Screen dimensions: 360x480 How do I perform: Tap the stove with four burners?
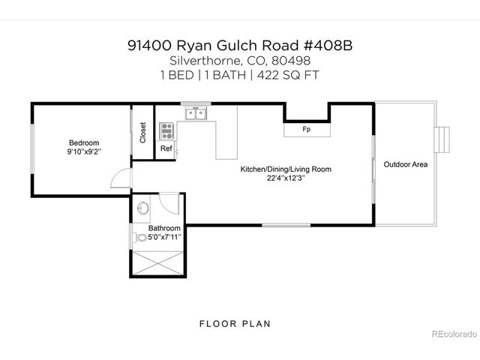[166, 132]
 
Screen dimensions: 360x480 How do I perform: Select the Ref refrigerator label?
[166, 148]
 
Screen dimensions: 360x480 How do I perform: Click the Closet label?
[142, 133]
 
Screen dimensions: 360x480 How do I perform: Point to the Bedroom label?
[83, 142]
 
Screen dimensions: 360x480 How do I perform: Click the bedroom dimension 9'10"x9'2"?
[83, 151]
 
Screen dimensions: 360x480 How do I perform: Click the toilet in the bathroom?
[142, 238]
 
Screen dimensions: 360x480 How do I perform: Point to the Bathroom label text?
[163, 228]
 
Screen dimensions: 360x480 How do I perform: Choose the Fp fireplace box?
[306, 130]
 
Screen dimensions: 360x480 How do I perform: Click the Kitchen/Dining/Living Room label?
[285, 169]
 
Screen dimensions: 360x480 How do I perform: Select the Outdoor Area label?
[405, 164]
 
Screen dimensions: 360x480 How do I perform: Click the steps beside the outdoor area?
[444, 139]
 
